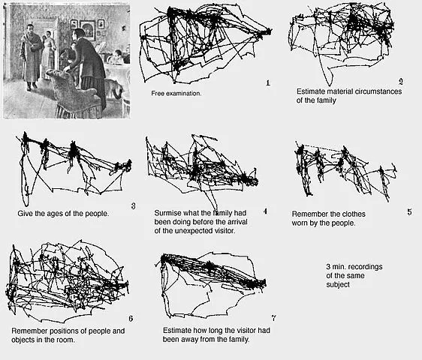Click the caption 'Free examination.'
click(x=176, y=93)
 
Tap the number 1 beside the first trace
click(x=267, y=82)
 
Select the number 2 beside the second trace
click(x=401, y=81)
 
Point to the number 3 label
click(x=132, y=205)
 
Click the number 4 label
click(x=265, y=210)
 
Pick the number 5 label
click(x=409, y=211)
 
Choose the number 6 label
click(x=131, y=319)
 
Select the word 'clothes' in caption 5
click(x=364, y=213)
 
